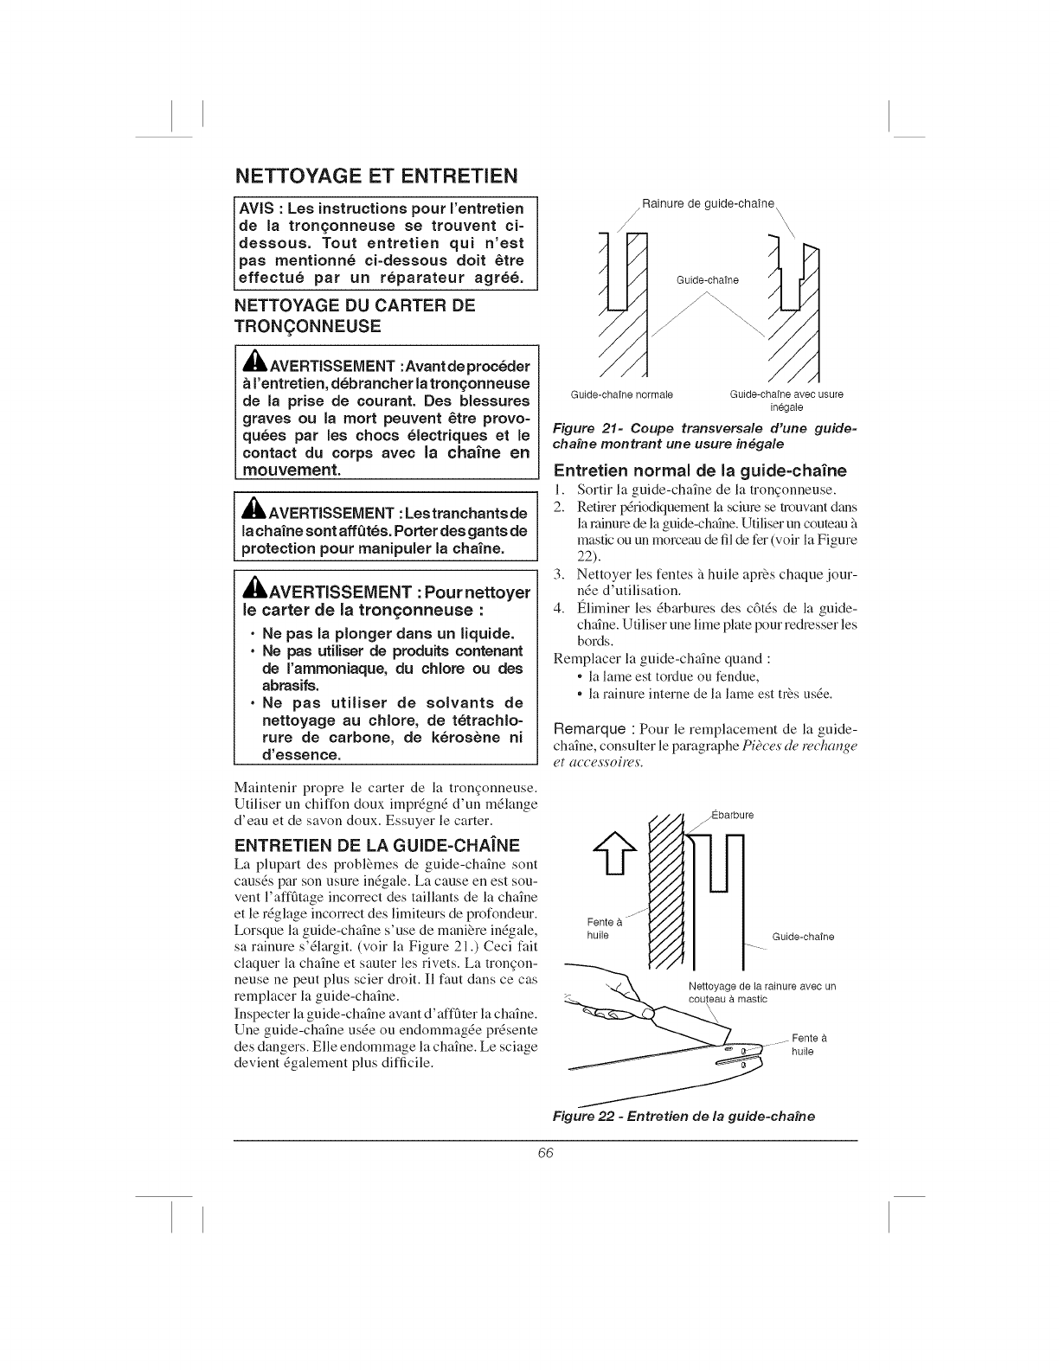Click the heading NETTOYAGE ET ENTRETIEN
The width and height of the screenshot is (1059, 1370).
pyautogui.click(x=375, y=176)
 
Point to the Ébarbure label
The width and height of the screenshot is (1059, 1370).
pyautogui.click(x=732, y=814)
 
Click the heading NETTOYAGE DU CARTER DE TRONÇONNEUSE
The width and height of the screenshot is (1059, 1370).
pyautogui.click(x=355, y=316)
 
